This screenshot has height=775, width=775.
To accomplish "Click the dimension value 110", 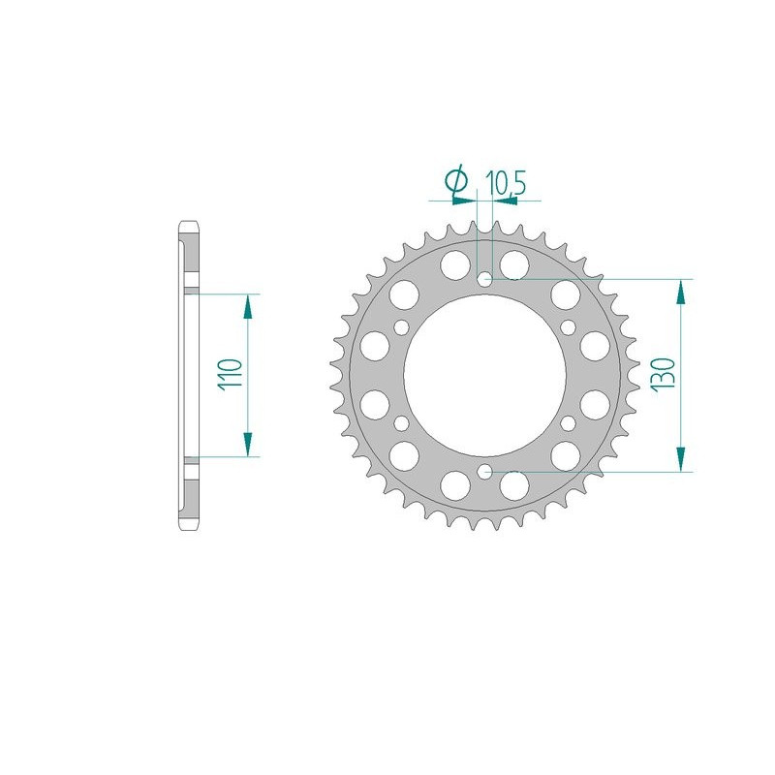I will point(229,375).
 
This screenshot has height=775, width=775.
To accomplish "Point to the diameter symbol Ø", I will point(455,181).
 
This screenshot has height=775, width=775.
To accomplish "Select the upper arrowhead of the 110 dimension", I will point(249,306).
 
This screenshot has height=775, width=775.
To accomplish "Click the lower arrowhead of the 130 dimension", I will point(684,458).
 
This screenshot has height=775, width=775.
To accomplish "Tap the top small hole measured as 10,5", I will point(485,280).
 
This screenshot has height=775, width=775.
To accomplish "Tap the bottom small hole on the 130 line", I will point(485,472).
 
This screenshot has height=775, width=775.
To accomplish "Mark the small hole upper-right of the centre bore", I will point(569,327).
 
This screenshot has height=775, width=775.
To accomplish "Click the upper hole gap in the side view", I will point(190,290).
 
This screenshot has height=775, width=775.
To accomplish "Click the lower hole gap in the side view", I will point(190,461).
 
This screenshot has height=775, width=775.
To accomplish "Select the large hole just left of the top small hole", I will point(453,263).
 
